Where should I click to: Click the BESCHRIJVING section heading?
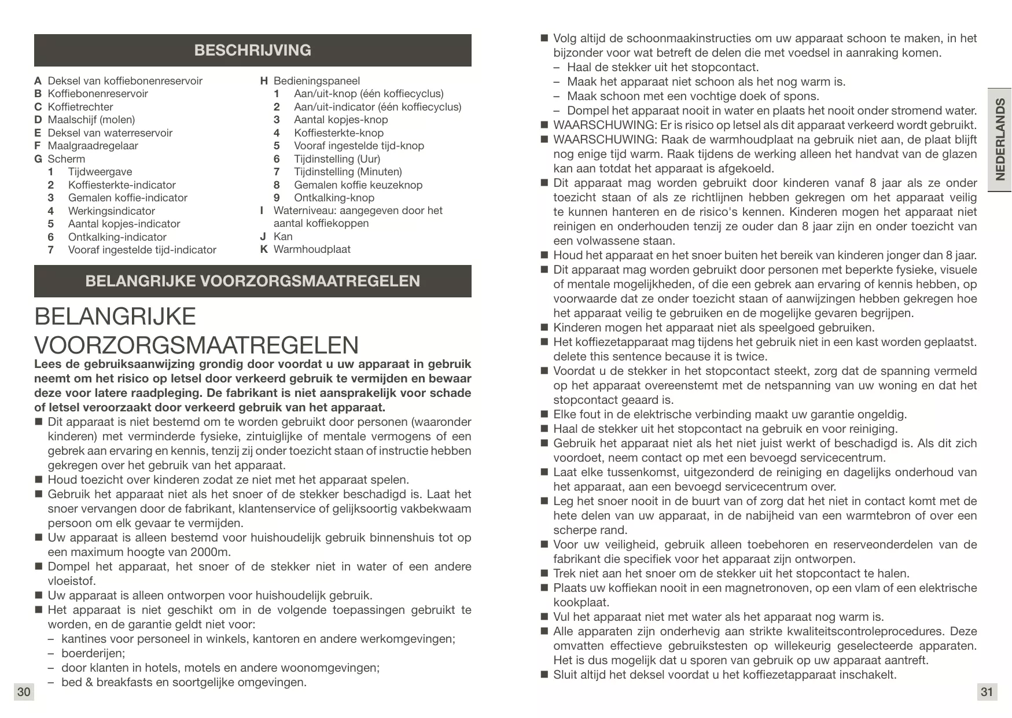click(x=252, y=50)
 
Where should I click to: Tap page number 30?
click(x=24, y=692)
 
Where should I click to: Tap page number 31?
click(x=987, y=692)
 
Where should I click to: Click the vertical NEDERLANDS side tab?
click(x=999, y=139)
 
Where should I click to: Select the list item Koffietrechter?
click(x=80, y=107)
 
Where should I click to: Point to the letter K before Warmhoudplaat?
click(x=264, y=249)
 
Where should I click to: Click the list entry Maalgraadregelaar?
click(x=93, y=146)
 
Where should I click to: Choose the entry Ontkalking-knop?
click(x=334, y=198)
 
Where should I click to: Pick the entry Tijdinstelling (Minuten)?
click(x=348, y=172)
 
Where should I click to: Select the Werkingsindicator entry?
click(x=111, y=211)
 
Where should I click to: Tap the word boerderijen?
click(x=93, y=653)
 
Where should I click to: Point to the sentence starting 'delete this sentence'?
click(x=660, y=356)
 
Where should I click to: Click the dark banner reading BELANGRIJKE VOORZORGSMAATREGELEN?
click(x=252, y=281)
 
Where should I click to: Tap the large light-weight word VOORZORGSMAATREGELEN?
click(x=196, y=345)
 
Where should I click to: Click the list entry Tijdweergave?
click(x=100, y=172)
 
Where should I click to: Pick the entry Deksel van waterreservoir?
click(x=110, y=133)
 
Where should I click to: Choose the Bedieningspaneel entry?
click(x=317, y=81)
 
